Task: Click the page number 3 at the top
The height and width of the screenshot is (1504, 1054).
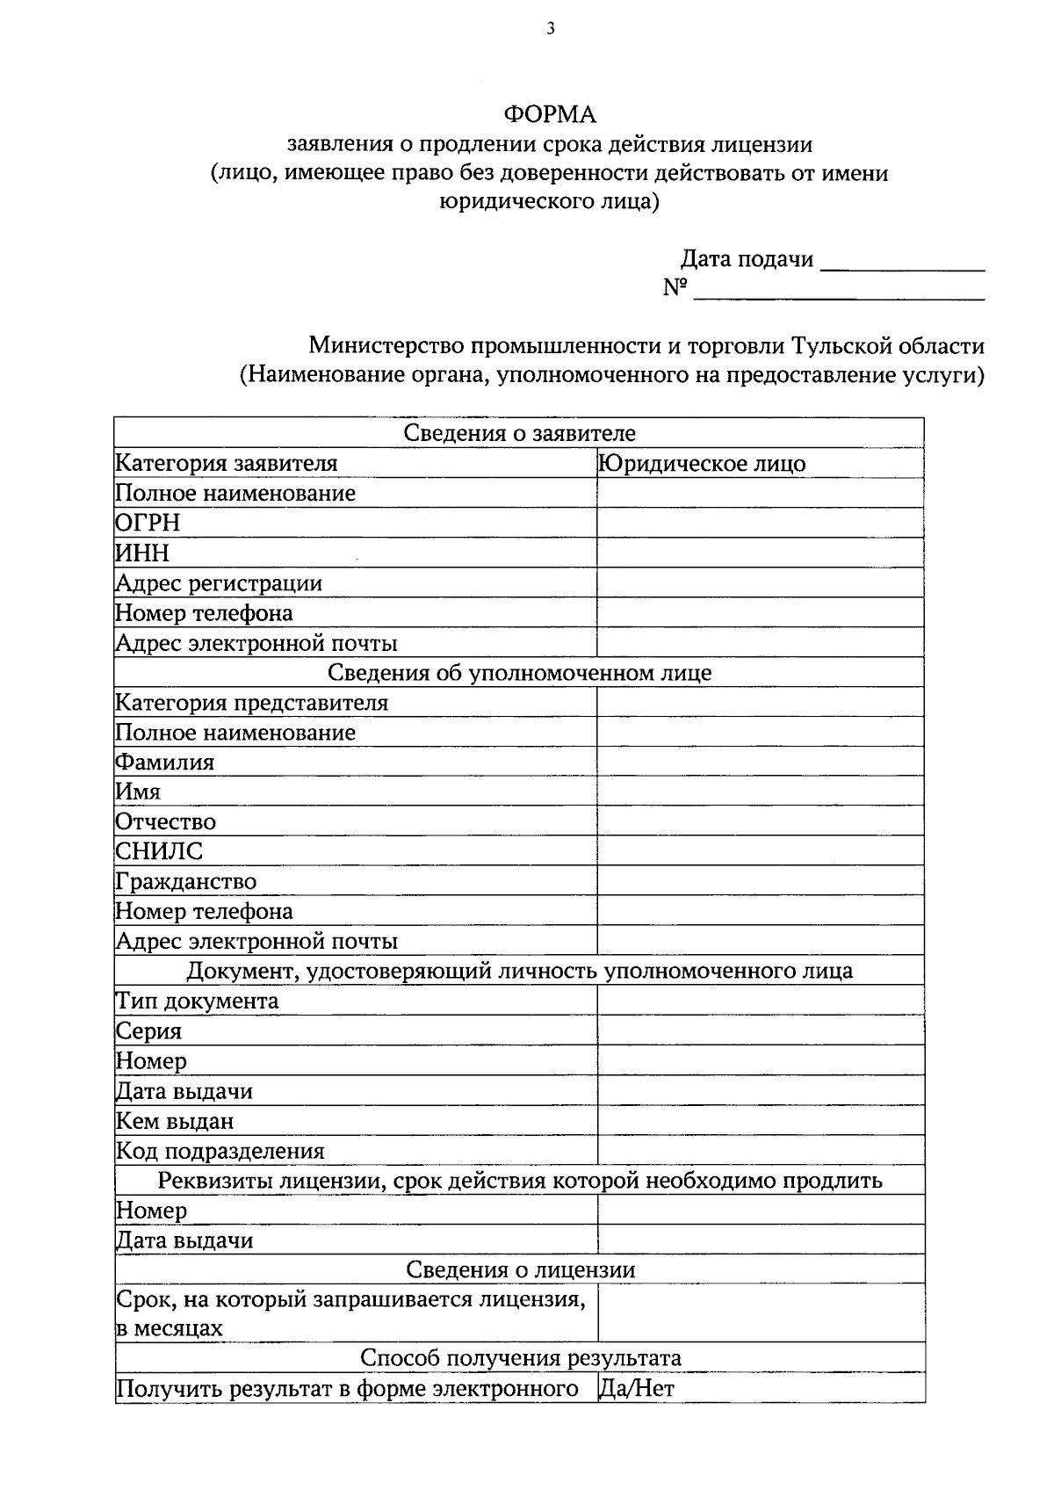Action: [x=550, y=29]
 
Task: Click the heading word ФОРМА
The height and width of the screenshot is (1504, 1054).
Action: [x=549, y=114]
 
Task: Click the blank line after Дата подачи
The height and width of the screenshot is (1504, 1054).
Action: [x=902, y=262]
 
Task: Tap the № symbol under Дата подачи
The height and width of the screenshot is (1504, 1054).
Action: [x=674, y=288]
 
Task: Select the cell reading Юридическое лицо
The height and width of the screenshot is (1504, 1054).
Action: [x=702, y=464]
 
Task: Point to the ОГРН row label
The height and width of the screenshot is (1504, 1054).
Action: [x=148, y=524]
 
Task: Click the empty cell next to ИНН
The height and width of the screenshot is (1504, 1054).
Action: [x=760, y=553]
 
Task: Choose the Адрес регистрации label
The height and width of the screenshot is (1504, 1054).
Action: [x=219, y=583]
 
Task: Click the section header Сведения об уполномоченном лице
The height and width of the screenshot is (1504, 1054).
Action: [x=519, y=673]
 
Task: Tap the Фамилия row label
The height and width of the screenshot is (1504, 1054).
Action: [x=165, y=763]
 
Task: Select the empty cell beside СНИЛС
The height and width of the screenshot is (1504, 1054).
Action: [x=760, y=851]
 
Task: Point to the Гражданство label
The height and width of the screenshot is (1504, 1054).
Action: [x=186, y=882]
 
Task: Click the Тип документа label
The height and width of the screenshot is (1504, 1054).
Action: [x=198, y=1001]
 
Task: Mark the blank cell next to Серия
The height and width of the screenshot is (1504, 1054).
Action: [x=760, y=1031]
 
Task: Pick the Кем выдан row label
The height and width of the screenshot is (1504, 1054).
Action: [x=175, y=1122]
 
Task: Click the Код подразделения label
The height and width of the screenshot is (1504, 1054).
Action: [x=220, y=1152]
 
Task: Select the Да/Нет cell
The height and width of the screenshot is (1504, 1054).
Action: [x=636, y=1389]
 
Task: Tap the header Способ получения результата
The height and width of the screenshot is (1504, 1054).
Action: [x=520, y=1358]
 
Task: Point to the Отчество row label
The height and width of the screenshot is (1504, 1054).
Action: [x=166, y=822]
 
